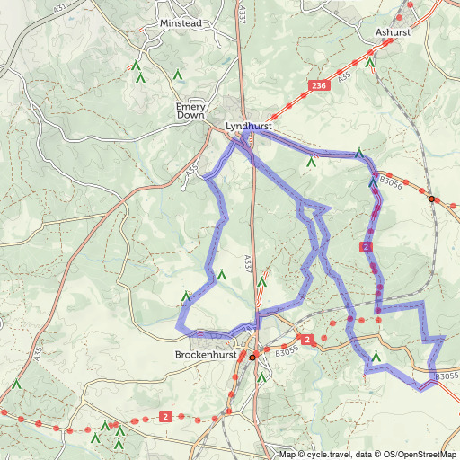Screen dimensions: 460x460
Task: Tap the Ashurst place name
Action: click(x=394, y=31)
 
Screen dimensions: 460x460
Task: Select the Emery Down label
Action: click(x=191, y=111)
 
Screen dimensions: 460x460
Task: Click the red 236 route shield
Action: click(x=317, y=85)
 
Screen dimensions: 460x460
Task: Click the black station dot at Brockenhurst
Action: click(x=252, y=357)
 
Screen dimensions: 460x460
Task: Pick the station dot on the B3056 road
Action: click(x=432, y=199)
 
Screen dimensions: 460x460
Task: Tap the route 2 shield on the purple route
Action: click(x=365, y=246)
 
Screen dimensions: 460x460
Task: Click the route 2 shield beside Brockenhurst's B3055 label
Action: click(x=307, y=340)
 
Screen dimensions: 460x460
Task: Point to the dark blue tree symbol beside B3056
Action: click(x=373, y=182)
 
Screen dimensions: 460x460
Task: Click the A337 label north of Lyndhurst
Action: click(x=243, y=13)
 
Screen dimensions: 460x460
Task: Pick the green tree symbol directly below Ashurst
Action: click(x=369, y=62)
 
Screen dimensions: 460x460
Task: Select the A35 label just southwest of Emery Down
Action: click(x=191, y=169)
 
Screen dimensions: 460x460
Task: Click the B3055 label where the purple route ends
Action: click(x=447, y=376)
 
